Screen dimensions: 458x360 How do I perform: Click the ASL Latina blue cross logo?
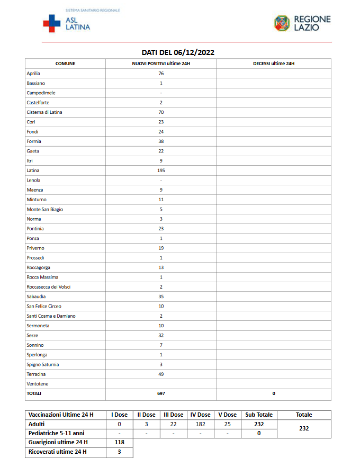click(x=52, y=23)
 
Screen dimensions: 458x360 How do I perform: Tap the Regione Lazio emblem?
click(x=281, y=23)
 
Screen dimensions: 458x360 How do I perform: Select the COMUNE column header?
click(x=65, y=64)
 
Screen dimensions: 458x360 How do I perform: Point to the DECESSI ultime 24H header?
click(x=274, y=64)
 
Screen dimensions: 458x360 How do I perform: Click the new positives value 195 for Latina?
click(x=161, y=170)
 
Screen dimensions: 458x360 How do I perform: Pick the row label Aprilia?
click(x=33, y=74)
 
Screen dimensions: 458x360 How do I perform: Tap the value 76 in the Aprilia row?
click(x=161, y=74)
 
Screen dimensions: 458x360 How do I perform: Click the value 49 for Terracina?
click(x=161, y=374)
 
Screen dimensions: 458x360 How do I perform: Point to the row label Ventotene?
click(x=37, y=383)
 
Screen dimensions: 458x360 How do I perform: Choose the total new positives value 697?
click(x=161, y=393)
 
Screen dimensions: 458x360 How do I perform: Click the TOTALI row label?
click(x=34, y=393)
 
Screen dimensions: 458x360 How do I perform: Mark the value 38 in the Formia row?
click(x=161, y=141)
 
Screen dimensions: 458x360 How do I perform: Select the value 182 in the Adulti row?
click(x=200, y=424)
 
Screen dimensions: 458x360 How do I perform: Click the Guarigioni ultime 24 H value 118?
click(x=119, y=442)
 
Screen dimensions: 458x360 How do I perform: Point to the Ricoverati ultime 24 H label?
click(x=58, y=452)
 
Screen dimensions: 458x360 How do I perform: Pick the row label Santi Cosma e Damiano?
click(x=51, y=316)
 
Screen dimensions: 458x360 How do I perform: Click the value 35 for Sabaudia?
click(x=161, y=297)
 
